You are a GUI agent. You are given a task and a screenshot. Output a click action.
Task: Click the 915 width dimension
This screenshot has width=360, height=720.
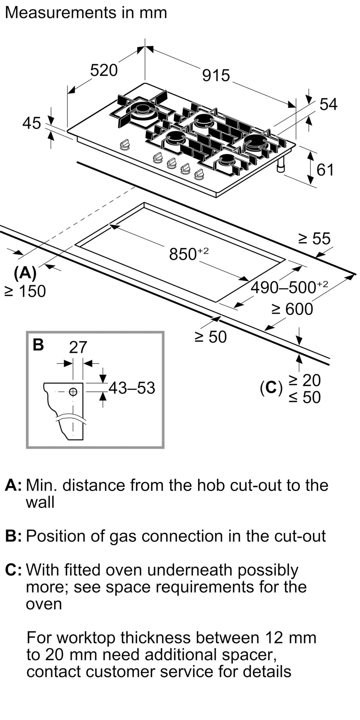216,76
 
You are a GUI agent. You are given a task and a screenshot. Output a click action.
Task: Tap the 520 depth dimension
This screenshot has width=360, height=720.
104,70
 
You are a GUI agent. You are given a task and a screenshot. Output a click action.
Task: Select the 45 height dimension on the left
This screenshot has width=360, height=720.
32,123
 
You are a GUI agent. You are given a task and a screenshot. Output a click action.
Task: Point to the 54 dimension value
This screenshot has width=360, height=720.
328,104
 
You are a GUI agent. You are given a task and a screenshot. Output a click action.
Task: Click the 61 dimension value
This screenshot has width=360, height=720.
325,170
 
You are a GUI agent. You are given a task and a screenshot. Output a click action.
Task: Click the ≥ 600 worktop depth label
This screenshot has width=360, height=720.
292,309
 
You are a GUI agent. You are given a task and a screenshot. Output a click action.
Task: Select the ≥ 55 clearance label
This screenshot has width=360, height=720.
314,239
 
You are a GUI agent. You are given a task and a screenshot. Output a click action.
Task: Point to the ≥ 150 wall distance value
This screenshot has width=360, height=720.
25,291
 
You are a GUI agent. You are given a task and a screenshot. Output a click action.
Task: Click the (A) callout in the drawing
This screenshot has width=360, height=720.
25,273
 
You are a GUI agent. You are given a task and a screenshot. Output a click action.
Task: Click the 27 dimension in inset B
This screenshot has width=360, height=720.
78,347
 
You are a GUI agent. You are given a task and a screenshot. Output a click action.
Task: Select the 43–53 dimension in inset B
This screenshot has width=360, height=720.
132,388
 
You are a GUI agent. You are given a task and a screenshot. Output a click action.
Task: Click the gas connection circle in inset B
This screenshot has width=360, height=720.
73,392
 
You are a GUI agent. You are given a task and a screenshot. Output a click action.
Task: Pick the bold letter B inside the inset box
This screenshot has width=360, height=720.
38,345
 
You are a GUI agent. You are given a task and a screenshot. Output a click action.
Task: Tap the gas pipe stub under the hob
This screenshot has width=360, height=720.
281,165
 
